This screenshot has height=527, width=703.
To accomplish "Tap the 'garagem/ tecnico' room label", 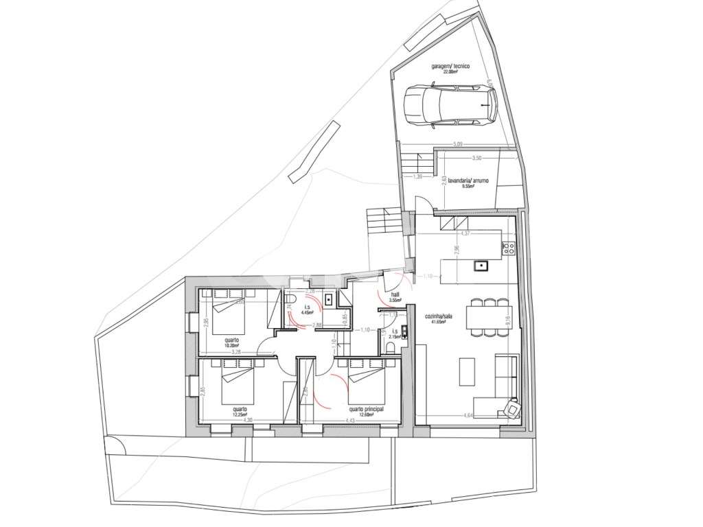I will click(x=450, y=67).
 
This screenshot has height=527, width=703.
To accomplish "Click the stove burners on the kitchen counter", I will click(x=509, y=249).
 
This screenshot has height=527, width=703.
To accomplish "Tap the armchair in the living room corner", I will click(x=511, y=409).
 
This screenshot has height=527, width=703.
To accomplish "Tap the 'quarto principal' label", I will click(x=365, y=408).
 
